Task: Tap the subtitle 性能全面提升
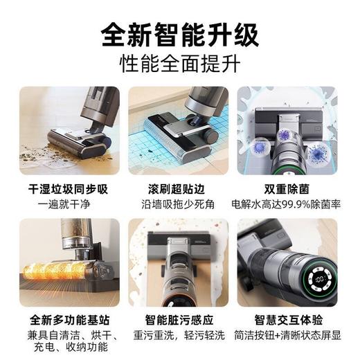(179, 64)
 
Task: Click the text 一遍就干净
(69, 204)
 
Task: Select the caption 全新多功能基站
(69, 321)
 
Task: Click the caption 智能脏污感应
(179, 321)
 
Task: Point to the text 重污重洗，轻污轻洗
(179, 336)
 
